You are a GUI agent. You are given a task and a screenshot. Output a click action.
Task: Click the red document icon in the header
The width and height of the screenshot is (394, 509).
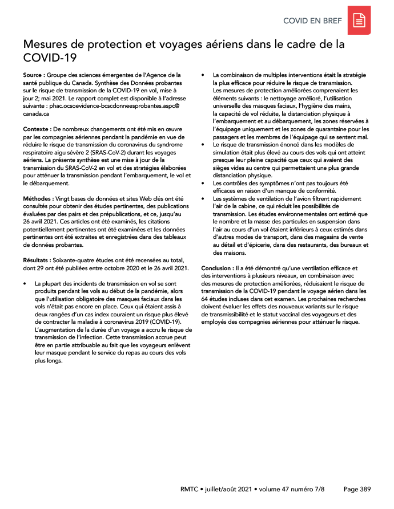tap(359, 21)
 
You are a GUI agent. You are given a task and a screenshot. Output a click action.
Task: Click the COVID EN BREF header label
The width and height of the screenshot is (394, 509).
tap(312, 21)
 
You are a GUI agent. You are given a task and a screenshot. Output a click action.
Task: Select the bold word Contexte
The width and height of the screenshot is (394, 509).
tap(36, 130)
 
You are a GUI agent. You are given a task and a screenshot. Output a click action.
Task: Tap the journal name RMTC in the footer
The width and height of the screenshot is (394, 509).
tap(191, 489)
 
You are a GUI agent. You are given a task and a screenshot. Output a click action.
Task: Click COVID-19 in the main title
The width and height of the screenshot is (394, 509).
tap(49, 58)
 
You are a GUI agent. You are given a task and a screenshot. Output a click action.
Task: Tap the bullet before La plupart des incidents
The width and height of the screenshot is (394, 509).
tap(25, 283)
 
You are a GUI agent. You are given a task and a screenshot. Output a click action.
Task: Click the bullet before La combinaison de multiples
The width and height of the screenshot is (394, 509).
tap(204, 75)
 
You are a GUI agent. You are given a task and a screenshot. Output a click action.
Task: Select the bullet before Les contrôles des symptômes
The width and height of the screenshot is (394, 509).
tap(204, 184)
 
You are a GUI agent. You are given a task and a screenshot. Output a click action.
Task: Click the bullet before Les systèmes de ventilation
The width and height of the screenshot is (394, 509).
tap(204, 198)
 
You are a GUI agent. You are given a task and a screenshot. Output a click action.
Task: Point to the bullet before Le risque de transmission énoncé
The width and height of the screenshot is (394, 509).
tap(204, 145)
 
